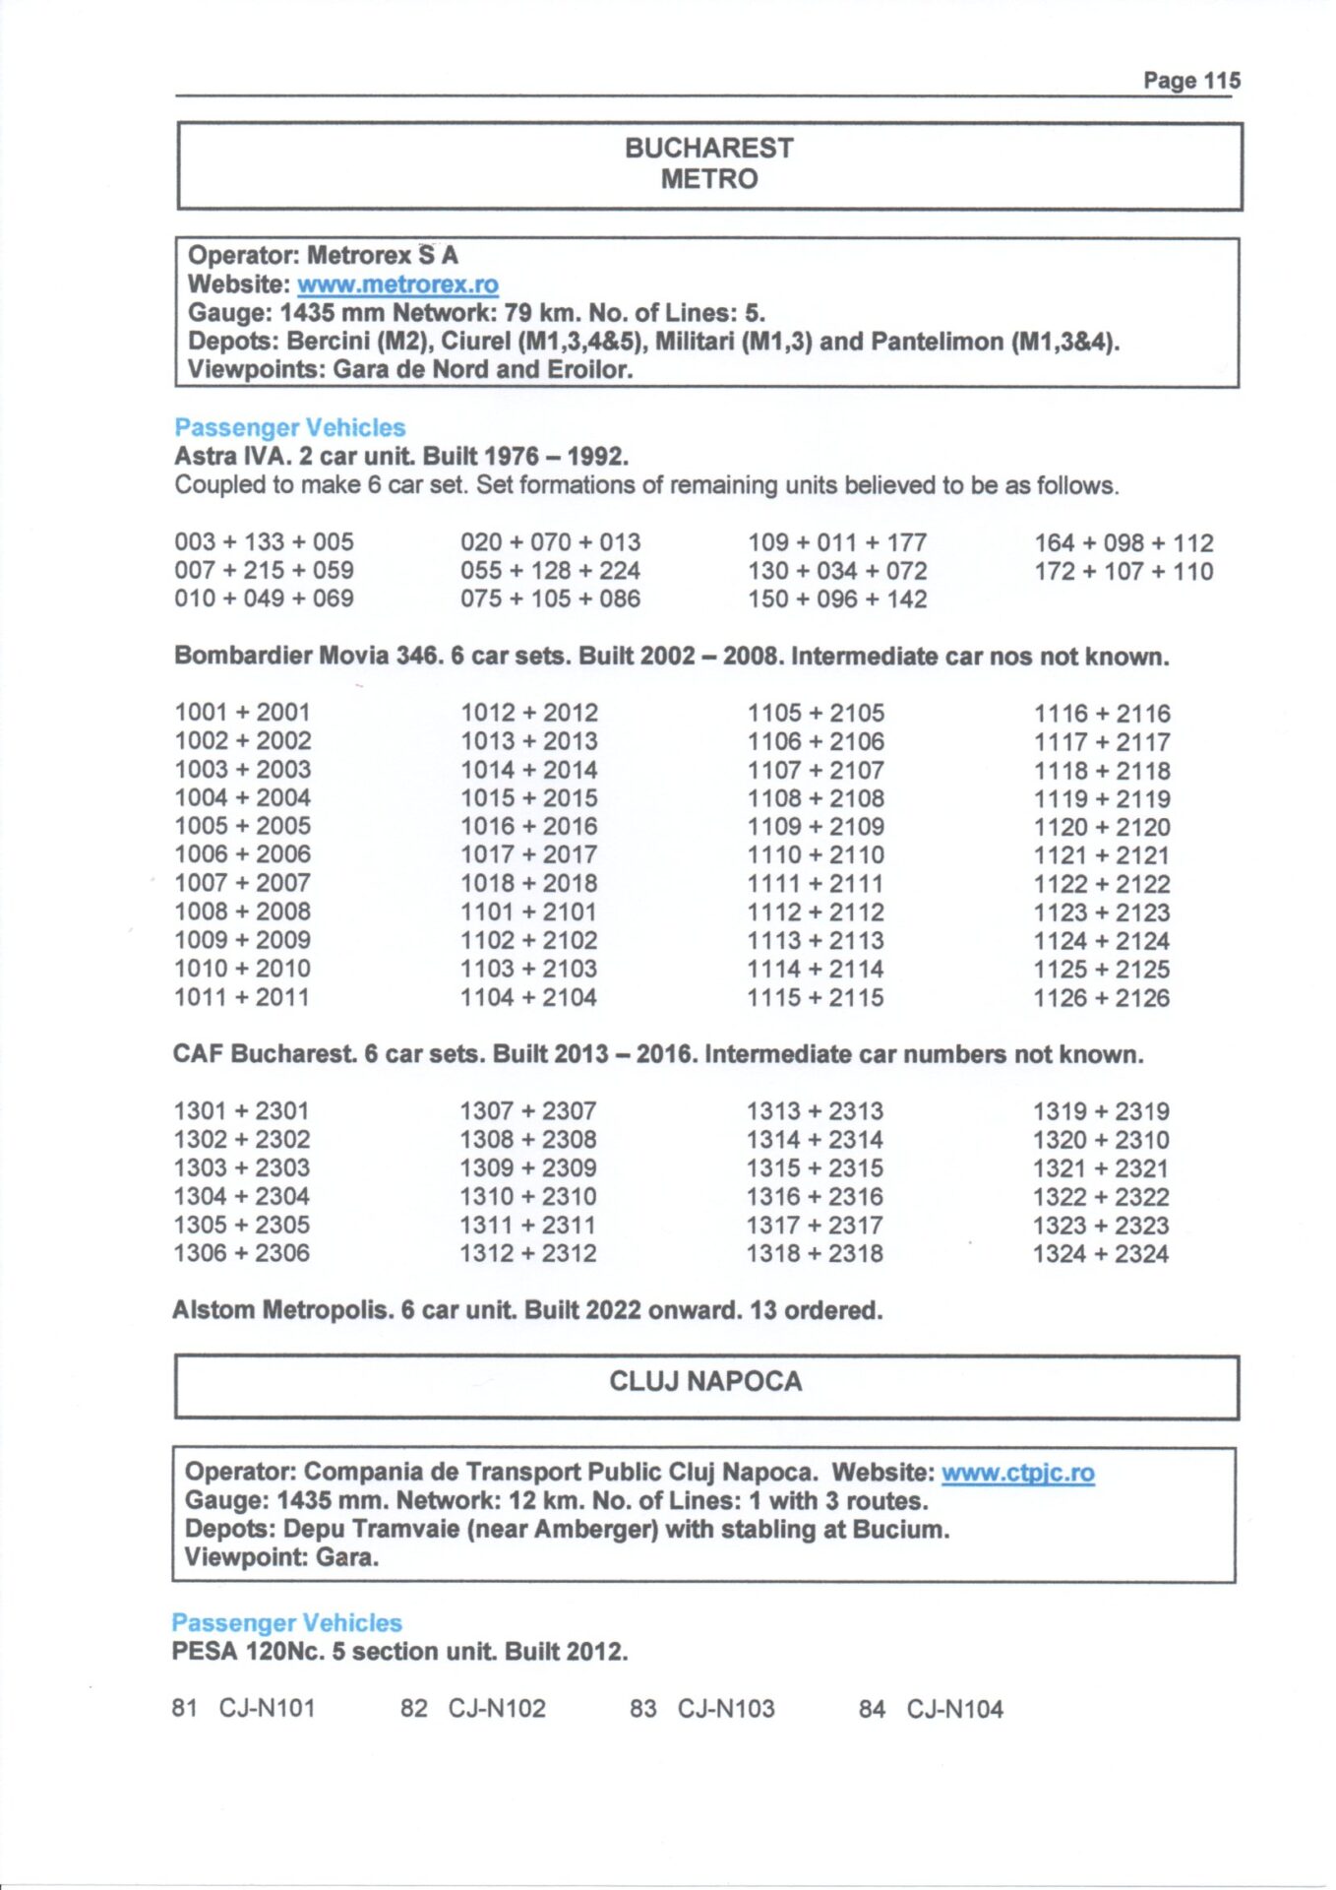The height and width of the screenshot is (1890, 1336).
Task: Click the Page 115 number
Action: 1190,81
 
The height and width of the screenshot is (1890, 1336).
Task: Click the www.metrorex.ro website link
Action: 397,284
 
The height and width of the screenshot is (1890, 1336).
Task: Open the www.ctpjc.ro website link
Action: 1017,1473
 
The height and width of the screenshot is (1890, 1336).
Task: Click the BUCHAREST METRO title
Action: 708,163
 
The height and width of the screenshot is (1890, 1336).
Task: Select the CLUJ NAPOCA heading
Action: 705,1382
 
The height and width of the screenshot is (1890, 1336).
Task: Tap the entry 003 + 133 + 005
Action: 264,542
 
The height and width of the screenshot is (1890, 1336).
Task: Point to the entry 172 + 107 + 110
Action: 1123,571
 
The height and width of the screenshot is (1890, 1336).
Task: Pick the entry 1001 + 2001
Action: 242,713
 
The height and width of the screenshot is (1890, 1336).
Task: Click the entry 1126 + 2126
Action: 1101,998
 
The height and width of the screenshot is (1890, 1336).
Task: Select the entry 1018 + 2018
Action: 528,883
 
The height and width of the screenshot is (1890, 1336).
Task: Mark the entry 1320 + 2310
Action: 1101,1140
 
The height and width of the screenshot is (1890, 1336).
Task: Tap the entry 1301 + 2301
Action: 241,1111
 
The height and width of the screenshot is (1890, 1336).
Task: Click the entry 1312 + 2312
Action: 527,1253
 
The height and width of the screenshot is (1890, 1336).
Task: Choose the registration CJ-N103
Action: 726,1709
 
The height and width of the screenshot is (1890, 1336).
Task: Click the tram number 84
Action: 872,1709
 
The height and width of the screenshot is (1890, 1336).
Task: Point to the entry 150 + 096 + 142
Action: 836,599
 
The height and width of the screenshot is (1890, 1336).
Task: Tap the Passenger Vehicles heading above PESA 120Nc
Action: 286,1623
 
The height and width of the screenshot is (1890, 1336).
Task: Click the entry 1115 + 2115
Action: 815,997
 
